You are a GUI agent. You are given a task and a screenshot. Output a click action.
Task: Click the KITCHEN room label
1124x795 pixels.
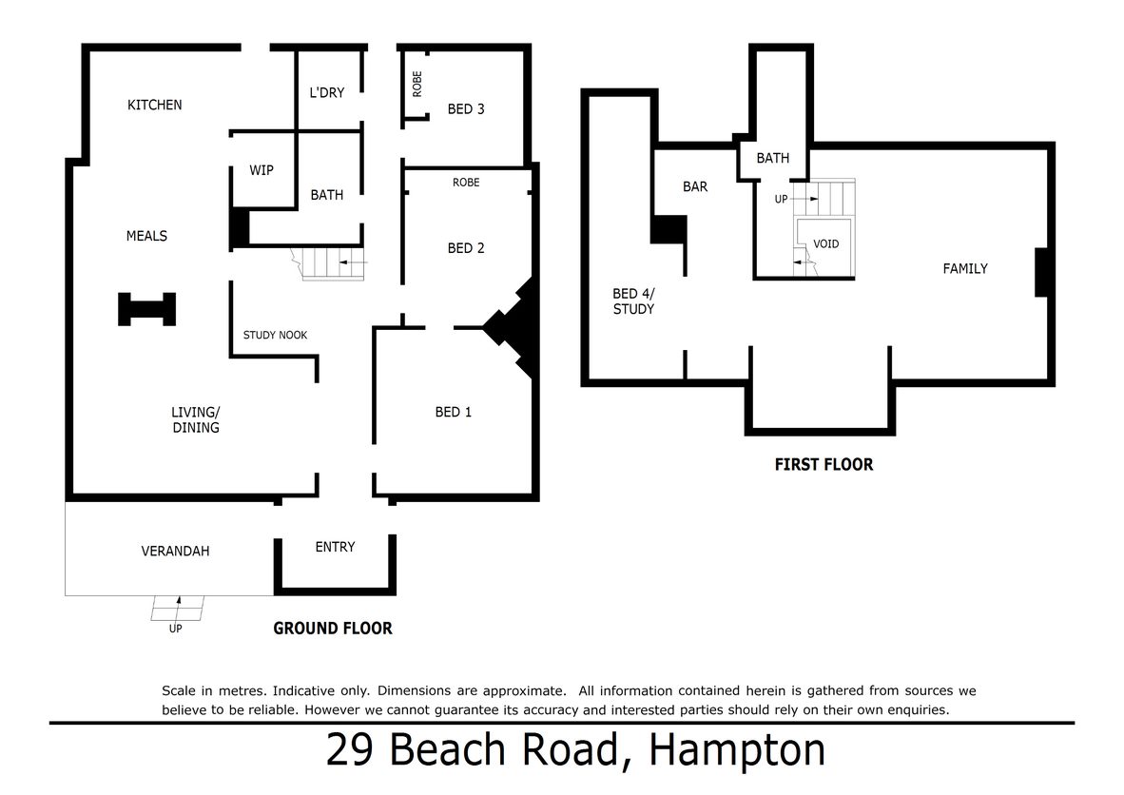click(154, 105)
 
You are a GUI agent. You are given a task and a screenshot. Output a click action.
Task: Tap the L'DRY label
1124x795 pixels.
click(327, 92)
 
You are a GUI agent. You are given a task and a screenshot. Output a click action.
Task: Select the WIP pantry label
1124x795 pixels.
click(261, 170)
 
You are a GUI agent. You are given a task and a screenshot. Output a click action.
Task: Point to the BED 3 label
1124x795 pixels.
click(466, 109)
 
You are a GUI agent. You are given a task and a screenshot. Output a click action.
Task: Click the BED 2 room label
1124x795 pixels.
click(466, 248)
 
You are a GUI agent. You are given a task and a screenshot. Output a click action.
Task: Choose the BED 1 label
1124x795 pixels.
click(453, 412)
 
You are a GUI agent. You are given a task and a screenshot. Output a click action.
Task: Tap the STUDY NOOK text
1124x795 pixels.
click(275, 335)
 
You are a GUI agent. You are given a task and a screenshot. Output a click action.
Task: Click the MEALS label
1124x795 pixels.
click(147, 236)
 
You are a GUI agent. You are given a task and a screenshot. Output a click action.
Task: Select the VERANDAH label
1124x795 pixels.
click(175, 552)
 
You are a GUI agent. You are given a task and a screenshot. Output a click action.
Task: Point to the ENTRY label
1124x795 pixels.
click(335, 547)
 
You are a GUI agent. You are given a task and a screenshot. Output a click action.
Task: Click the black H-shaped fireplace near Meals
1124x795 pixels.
click(147, 309)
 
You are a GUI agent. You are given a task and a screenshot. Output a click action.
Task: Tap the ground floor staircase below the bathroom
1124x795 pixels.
click(329, 263)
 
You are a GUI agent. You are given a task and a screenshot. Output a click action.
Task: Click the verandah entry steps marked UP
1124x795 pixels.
click(177, 608)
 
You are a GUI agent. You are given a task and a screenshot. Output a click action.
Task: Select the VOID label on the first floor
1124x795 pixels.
click(825, 244)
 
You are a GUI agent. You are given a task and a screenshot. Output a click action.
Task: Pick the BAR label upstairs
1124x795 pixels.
click(695, 187)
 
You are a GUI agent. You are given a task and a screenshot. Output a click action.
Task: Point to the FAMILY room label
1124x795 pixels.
click(965, 269)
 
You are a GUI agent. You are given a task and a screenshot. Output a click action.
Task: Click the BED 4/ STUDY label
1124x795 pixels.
click(633, 301)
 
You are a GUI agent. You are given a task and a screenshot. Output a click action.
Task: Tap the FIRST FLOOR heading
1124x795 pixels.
click(824, 464)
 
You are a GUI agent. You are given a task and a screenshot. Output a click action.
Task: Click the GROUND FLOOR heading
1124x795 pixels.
click(333, 629)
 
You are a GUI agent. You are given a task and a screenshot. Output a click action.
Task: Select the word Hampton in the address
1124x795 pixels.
click(737, 750)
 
